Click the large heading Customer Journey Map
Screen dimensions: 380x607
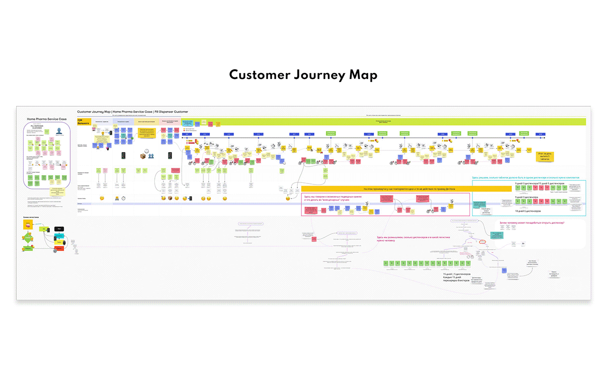pos(303,75)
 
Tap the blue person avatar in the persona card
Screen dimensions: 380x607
pos(59,130)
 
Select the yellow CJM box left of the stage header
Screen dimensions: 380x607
pos(83,122)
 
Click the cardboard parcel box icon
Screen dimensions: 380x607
pos(143,157)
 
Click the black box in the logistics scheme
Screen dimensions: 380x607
pos(59,229)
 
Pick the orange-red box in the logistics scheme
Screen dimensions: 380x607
pos(28,249)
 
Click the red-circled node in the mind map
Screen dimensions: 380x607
pos(482,242)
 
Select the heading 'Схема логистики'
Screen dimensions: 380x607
pos(31,217)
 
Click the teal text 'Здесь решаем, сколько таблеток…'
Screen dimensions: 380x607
pos(525,177)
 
